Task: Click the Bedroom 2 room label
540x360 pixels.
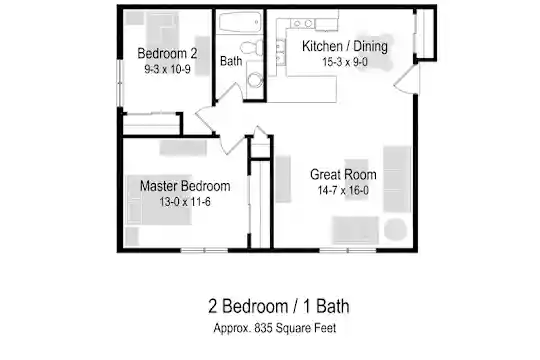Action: [167, 53]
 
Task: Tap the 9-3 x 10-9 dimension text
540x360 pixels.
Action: [167, 70]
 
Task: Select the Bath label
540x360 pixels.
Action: [231, 61]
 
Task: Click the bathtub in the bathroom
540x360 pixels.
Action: [240, 22]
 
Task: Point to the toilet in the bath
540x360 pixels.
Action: [252, 47]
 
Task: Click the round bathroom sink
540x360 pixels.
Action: [255, 80]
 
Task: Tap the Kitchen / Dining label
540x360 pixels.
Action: [345, 46]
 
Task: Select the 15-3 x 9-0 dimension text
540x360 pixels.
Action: [345, 62]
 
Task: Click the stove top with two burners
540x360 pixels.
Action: [302, 23]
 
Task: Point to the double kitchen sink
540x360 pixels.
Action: [280, 53]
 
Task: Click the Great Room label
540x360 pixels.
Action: [343, 174]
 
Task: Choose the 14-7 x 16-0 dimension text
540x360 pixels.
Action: [343, 190]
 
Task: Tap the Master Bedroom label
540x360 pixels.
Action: [185, 186]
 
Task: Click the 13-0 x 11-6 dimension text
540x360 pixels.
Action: [185, 202]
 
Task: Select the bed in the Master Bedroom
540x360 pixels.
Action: [159, 199]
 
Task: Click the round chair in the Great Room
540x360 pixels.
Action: [395, 229]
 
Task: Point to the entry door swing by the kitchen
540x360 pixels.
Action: [406, 80]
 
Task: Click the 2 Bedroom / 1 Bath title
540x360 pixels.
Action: [279, 306]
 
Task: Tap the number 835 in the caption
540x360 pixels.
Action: [263, 328]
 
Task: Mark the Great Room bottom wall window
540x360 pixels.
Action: [348, 250]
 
